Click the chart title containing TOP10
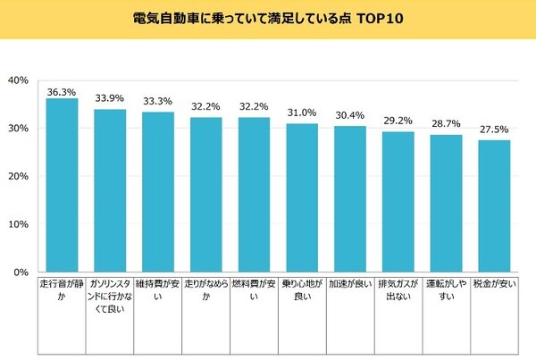pyautogui.click(x=268, y=18)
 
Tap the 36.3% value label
pyautogui.click(x=62, y=90)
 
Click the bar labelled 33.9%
pyautogui.click(x=110, y=190)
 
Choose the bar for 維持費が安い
pyautogui.click(x=158, y=192)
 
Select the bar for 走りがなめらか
pyautogui.click(x=206, y=195)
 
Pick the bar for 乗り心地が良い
pyautogui.click(x=302, y=197)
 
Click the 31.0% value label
pyautogui.click(x=302, y=112)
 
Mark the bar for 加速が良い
pyautogui.click(x=350, y=199)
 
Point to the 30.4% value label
pyautogui.click(x=350, y=115)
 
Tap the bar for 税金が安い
pyautogui.click(x=494, y=205)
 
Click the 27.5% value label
pyautogui.click(x=494, y=130)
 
